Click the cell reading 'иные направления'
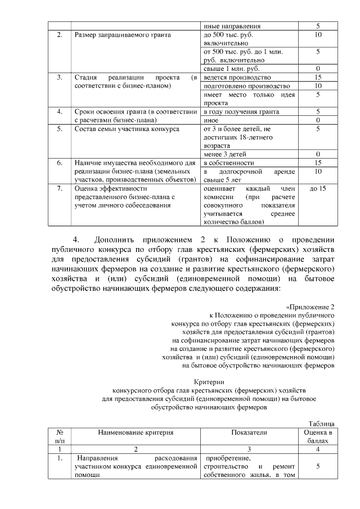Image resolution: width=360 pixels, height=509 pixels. point(231,26)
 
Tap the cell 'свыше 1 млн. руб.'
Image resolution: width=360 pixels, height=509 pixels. point(227,68)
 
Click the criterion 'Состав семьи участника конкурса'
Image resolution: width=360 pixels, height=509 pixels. point(127,129)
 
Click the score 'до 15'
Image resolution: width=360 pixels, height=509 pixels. point(318,188)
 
